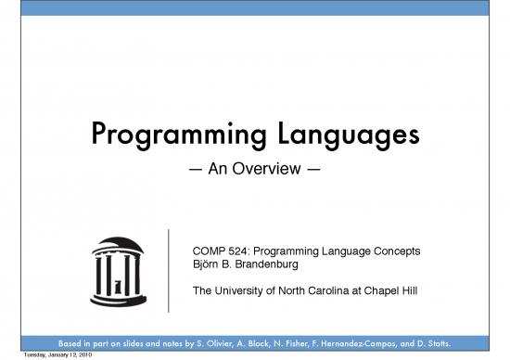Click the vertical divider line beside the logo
168,269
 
